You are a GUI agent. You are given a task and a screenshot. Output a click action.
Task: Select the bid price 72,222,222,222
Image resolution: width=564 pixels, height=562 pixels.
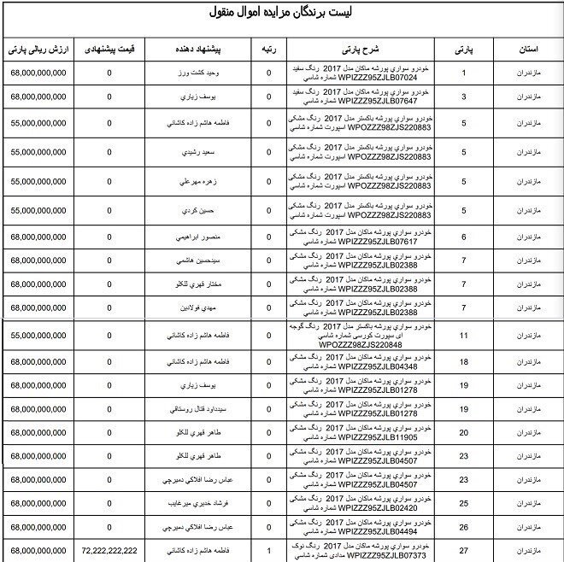109,551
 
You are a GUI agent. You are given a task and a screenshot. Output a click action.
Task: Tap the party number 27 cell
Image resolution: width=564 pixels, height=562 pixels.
464,551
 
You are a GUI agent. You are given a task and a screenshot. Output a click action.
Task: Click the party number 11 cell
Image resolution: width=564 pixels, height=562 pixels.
464,336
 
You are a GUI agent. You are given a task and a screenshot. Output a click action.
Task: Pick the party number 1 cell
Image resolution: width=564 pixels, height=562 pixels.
464,73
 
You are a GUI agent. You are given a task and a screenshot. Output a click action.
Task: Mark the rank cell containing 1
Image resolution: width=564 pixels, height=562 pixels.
269,551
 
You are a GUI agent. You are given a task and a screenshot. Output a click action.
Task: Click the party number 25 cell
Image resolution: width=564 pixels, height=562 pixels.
464,503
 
